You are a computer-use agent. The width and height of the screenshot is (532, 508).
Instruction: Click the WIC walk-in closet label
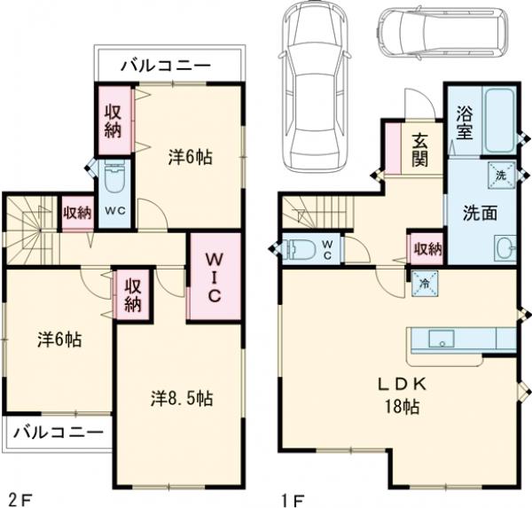tap(214, 277)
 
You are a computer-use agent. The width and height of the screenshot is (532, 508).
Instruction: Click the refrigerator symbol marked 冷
tap(422, 285)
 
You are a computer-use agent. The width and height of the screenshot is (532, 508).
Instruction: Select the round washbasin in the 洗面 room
tap(507, 246)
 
